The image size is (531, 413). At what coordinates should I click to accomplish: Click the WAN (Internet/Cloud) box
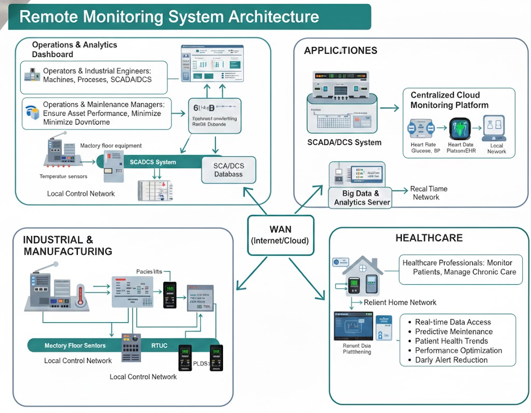[281, 235]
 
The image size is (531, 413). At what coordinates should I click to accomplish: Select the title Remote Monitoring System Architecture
[169, 17]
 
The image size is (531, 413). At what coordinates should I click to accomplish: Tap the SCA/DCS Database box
[229, 170]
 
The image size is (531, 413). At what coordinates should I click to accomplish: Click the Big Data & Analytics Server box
[361, 198]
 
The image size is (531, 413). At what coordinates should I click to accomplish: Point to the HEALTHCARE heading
[422, 238]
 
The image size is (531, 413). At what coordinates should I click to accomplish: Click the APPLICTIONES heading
[341, 50]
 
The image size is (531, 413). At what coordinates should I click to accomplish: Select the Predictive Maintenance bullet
[454, 332]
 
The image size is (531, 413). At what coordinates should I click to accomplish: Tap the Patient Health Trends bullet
[451, 341]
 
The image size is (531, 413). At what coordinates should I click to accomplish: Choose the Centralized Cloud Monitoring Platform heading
[449, 100]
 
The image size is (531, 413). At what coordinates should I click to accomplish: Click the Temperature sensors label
[63, 176]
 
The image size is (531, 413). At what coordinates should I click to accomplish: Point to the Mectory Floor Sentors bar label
[75, 346]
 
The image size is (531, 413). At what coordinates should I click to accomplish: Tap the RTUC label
[159, 346]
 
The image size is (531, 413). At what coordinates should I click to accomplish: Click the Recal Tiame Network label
[428, 193]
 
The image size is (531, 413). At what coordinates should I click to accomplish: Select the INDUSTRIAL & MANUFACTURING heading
[67, 245]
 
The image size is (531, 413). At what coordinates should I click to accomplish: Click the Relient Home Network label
[400, 302]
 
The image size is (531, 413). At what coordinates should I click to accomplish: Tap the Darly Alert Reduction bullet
[451, 360]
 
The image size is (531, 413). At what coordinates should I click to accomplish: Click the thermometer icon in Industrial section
[80, 296]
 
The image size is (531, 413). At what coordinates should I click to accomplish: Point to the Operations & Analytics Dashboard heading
[74, 49]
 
